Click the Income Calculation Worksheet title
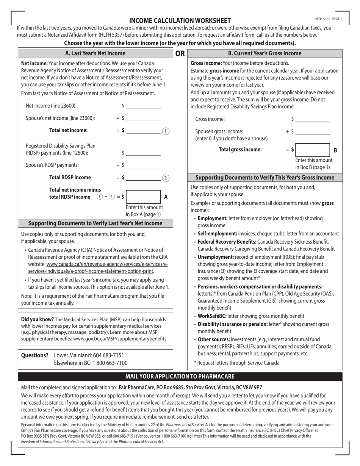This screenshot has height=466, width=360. point(180,20)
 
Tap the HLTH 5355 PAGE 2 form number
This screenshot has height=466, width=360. point(328,19)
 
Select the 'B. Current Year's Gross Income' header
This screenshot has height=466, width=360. point(265,53)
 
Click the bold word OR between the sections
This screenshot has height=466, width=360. point(180,53)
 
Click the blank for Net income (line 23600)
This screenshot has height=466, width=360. point(143,106)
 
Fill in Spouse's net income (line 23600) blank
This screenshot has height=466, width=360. point(143,118)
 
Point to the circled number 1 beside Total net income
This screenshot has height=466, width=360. point(166,131)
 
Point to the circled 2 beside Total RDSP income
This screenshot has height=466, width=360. point(166,178)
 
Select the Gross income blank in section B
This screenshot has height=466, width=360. point(313,119)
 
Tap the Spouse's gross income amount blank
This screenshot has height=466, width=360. point(313,131)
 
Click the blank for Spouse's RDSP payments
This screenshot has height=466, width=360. point(143,165)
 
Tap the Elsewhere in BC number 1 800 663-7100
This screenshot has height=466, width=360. point(103,363)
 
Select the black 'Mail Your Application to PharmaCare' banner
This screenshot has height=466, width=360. point(180,376)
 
